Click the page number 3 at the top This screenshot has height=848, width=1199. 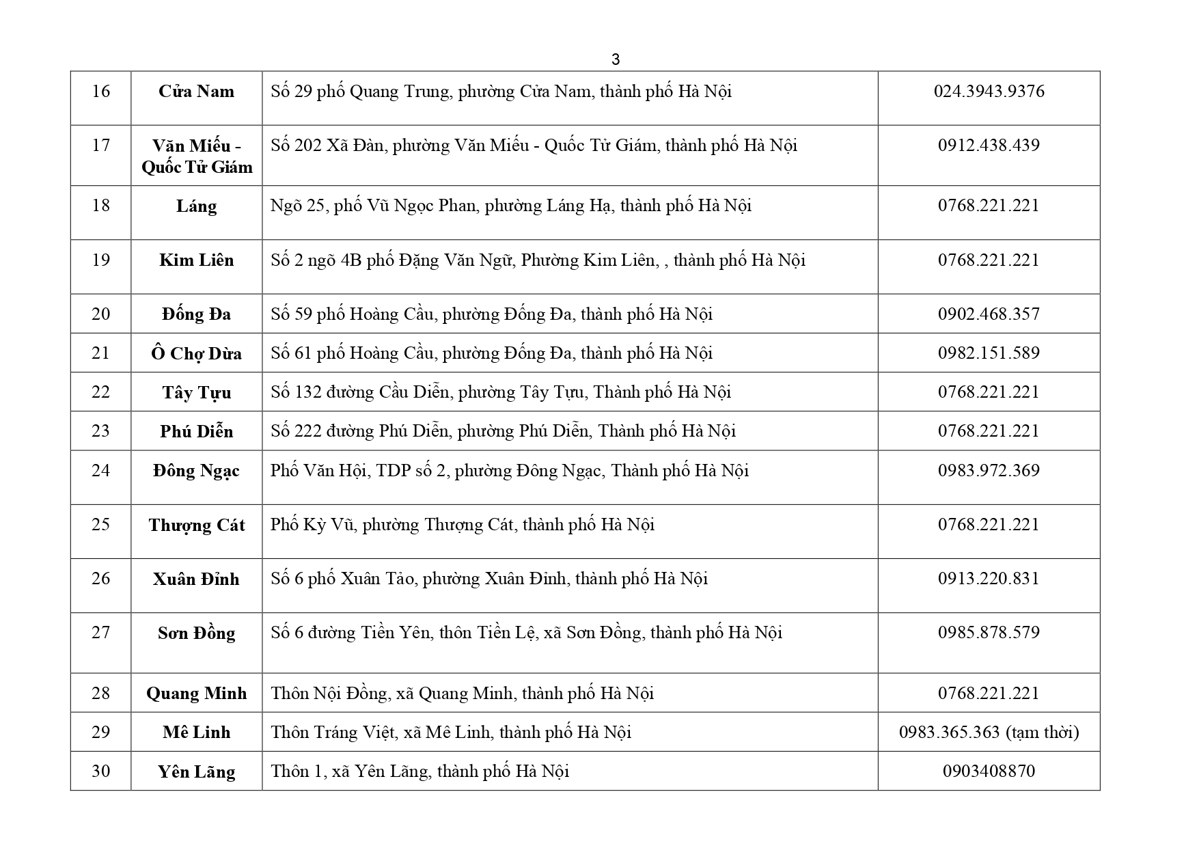coord(615,60)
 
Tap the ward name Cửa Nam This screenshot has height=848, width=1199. coord(196,92)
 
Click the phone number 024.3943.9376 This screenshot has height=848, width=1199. coord(989,92)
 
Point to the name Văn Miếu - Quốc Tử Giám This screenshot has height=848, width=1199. coord(196,156)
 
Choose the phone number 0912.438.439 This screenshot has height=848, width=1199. coord(989,146)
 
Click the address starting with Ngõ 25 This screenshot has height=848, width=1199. coord(510,206)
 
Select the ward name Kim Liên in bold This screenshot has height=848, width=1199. coord(196,260)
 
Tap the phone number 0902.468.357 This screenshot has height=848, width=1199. coord(989,314)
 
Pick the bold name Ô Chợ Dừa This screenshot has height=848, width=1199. coord(196,354)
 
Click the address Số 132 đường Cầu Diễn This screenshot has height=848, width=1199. coord(500,392)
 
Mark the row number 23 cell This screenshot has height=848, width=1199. coord(100,431)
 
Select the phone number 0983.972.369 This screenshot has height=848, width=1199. coord(989,471)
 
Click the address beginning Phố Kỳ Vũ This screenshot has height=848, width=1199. coord(462,525)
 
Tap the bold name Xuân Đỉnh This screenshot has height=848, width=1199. coord(196,579)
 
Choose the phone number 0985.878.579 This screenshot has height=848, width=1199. coord(989,632)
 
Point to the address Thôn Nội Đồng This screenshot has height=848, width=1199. coord(462,694)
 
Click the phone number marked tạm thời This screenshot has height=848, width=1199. coord(989,733)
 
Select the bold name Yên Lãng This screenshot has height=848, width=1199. coord(196,772)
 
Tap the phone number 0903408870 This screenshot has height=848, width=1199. coord(989,771)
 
